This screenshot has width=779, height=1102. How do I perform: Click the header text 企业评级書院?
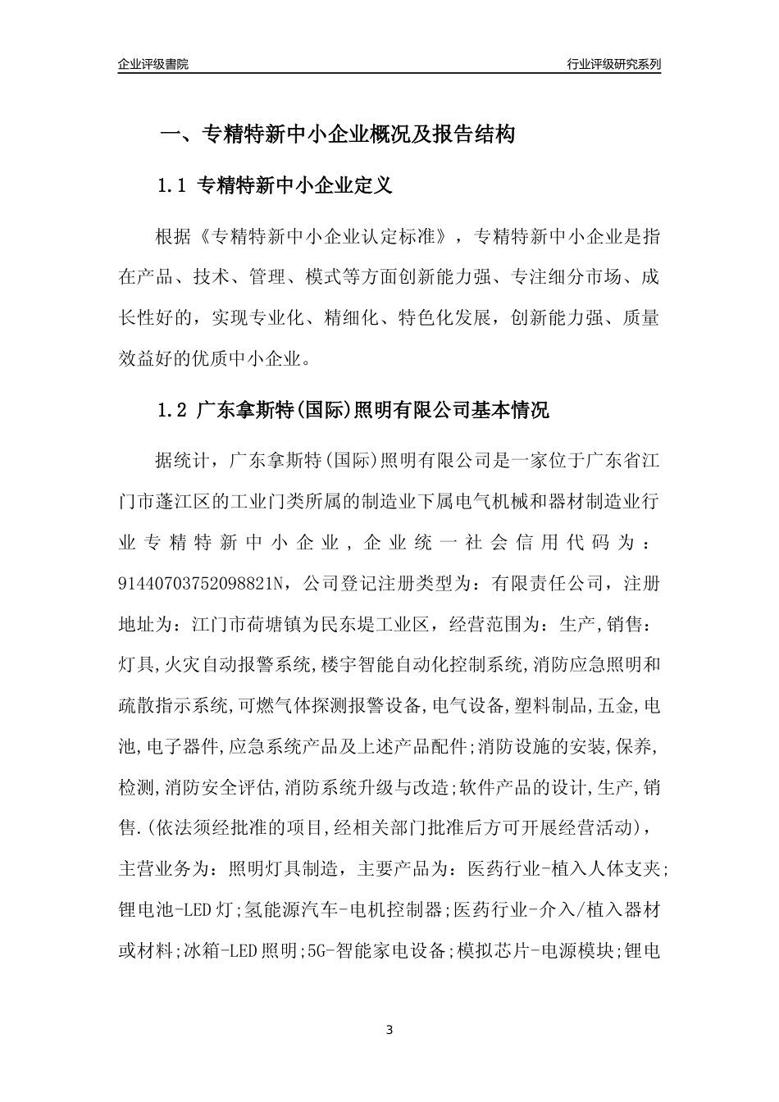(x=153, y=64)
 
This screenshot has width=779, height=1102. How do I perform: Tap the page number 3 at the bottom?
(x=389, y=1030)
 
